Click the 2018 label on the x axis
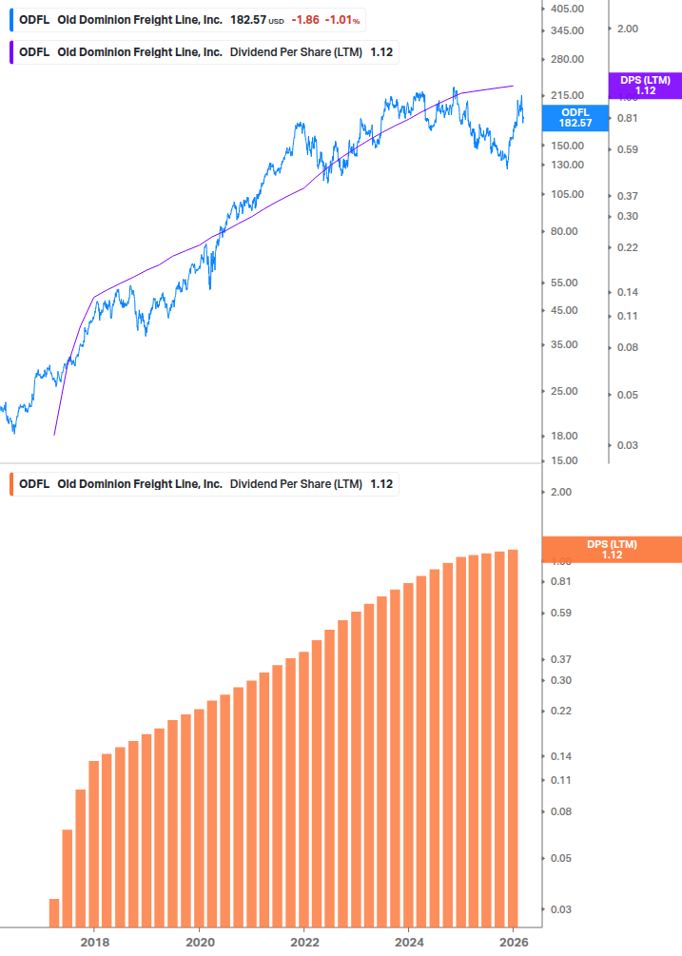(x=94, y=942)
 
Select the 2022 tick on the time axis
(x=303, y=942)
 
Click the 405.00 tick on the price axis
(x=567, y=9)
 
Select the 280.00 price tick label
(x=567, y=59)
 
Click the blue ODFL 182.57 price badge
(x=575, y=117)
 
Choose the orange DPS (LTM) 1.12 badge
(x=611, y=549)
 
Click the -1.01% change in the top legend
(x=342, y=20)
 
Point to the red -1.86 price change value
(x=305, y=20)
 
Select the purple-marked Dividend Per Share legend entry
(x=205, y=51)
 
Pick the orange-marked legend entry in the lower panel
(x=205, y=484)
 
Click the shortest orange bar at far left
(x=54, y=912)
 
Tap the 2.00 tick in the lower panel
(x=560, y=492)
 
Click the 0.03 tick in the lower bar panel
(x=560, y=909)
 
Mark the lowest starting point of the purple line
(x=54, y=435)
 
